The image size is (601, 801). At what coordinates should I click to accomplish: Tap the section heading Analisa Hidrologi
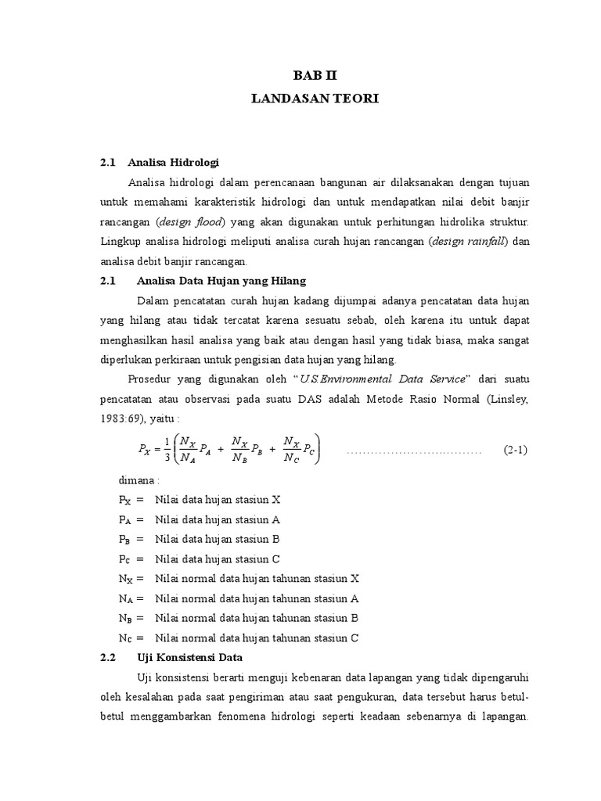click(x=178, y=163)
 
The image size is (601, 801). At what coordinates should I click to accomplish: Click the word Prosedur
click(x=160, y=379)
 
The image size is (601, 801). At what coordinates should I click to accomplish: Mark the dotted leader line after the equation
click(x=412, y=452)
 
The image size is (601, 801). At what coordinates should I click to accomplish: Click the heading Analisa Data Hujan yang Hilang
click(x=221, y=281)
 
